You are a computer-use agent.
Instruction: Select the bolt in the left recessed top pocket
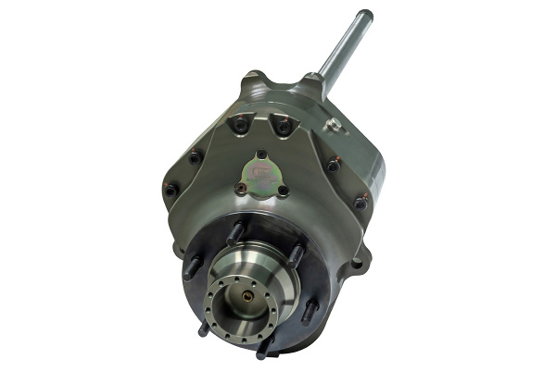[x=242, y=123]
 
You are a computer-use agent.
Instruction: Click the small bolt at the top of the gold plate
[x=262, y=155]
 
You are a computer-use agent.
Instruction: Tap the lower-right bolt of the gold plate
[x=283, y=191]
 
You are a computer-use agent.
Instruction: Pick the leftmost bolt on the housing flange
[x=171, y=190]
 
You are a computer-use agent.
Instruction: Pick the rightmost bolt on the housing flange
[x=360, y=201]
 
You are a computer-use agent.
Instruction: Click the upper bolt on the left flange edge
[x=195, y=157]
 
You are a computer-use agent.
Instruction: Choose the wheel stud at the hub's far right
[x=309, y=310]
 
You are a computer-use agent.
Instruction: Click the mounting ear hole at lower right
[x=357, y=265]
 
